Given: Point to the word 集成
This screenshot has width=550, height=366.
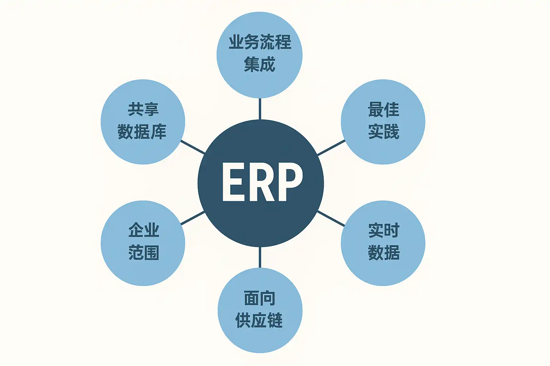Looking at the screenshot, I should click(x=260, y=65).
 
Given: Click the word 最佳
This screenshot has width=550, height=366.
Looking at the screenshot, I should click(x=383, y=110).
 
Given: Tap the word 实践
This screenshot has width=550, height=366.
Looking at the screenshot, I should click(x=383, y=132).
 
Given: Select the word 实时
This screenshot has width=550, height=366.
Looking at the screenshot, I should click(x=383, y=231).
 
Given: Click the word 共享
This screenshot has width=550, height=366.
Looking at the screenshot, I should click(x=143, y=110).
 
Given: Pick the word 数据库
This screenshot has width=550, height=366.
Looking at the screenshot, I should click(x=142, y=132).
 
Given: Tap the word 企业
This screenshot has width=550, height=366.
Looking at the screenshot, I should click(x=144, y=231).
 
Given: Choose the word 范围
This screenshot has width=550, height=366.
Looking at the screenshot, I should click(x=144, y=253).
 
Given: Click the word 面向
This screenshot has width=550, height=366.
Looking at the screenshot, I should click(x=260, y=298).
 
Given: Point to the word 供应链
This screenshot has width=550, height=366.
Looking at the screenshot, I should click(x=259, y=320).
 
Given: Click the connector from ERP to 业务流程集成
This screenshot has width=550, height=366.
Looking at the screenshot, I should click(x=260, y=109).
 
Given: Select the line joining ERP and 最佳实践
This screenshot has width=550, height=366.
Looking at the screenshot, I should click(x=331, y=148).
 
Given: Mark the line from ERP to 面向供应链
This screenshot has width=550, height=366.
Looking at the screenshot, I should click(x=260, y=257).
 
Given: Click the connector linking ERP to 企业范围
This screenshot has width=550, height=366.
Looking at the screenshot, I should click(x=193, y=218).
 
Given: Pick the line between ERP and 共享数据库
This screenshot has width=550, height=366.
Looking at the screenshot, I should click(x=193, y=147).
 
